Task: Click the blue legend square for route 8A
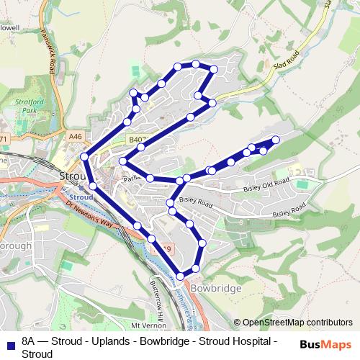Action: point(9,343)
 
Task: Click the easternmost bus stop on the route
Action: point(276,140)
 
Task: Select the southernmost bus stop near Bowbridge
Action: point(181,275)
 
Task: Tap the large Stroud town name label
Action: point(72,176)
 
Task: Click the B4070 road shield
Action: point(138,138)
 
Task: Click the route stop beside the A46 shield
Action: point(85,156)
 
